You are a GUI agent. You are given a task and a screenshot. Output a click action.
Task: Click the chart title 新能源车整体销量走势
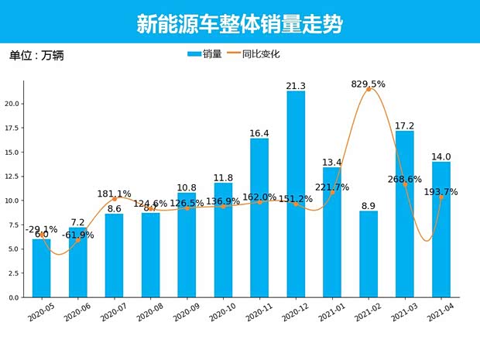click(240, 23)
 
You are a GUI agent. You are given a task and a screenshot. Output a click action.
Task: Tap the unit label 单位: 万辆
click(37, 55)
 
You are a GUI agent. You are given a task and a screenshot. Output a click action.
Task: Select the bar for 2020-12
click(296, 194)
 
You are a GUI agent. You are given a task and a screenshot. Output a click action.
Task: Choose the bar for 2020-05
click(41, 268)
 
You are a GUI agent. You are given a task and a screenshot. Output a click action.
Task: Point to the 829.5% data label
click(369, 84)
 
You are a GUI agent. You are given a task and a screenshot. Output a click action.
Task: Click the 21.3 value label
click(296, 85)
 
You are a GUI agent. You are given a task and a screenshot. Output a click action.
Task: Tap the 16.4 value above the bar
click(259, 133)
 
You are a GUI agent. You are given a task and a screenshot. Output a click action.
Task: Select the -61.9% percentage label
click(77, 235)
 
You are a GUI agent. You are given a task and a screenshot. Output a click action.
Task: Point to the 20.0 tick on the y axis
click(12, 104)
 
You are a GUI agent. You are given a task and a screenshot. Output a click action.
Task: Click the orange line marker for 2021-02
click(369, 90)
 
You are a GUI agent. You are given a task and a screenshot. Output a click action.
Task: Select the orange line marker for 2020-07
click(114, 199)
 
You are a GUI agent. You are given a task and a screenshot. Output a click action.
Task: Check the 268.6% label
click(405, 180)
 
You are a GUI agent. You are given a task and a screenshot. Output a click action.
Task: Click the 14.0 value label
click(441, 156)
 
